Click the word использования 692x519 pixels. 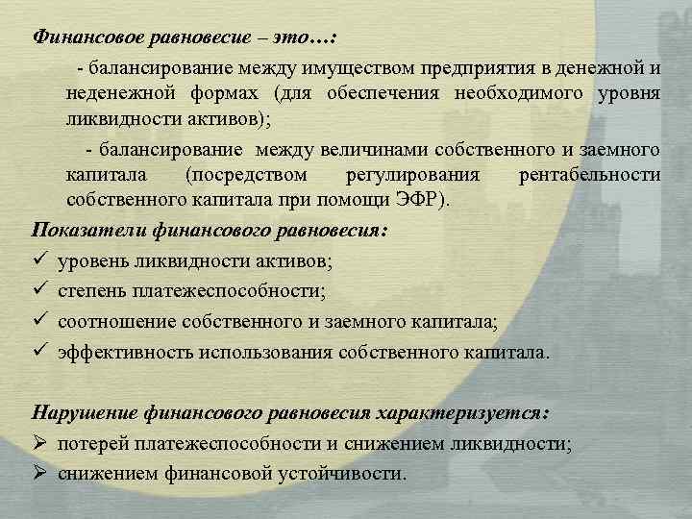pos(259,352)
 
